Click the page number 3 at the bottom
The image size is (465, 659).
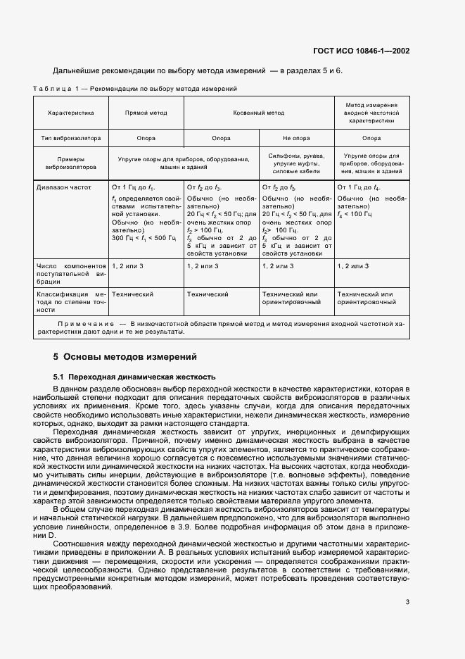(x=408, y=601)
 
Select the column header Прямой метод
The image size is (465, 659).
(x=146, y=113)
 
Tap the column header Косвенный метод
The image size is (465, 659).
(x=259, y=113)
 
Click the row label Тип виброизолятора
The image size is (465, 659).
(x=70, y=138)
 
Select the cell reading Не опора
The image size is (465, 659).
(x=296, y=138)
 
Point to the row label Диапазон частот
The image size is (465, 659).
(x=67, y=188)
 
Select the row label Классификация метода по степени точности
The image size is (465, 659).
(x=70, y=301)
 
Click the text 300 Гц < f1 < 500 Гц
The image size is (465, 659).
(x=144, y=239)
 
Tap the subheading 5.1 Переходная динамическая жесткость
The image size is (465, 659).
(x=130, y=377)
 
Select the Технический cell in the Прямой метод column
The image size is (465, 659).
(x=132, y=294)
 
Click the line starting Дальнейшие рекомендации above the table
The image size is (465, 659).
(x=198, y=71)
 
